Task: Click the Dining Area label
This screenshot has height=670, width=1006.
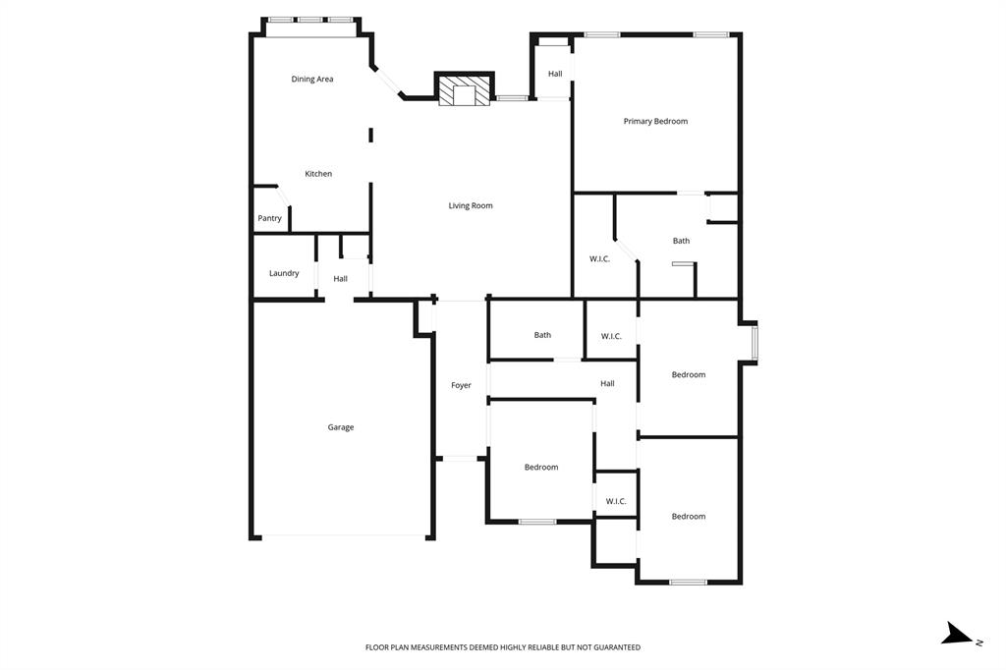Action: pyautogui.click(x=312, y=79)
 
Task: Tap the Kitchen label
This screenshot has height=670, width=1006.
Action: pyautogui.click(x=318, y=174)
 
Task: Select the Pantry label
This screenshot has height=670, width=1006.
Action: pyautogui.click(x=270, y=218)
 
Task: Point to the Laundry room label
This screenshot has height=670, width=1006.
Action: pyautogui.click(x=284, y=273)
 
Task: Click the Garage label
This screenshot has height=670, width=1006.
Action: pyautogui.click(x=341, y=427)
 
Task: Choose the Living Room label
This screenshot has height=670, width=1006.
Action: pyautogui.click(x=471, y=205)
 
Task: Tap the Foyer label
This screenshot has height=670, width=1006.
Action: pyautogui.click(x=461, y=385)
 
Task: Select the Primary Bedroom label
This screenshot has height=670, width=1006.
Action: pyautogui.click(x=655, y=121)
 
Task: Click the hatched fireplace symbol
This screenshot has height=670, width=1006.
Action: pyautogui.click(x=464, y=91)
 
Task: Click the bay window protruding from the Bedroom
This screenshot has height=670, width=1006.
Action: pyautogui.click(x=754, y=343)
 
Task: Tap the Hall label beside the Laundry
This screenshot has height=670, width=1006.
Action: pyautogui.click(x=340, y=279)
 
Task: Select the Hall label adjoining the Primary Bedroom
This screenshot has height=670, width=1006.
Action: pyautogui.click(x=555, y=74)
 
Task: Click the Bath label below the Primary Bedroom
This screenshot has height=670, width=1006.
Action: pyautogui.click(x=681, y=241)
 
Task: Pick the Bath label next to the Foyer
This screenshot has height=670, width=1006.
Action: pyautogui.click(x=542, y=335)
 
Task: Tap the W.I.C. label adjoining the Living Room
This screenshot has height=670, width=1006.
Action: pyautogui.click(x=599, y=259)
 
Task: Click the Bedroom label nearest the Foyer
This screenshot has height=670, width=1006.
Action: pyautogui.click(x=540, y=467)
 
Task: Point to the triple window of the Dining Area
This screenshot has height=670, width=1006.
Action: pyautogui.click(x=311, y=19)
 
